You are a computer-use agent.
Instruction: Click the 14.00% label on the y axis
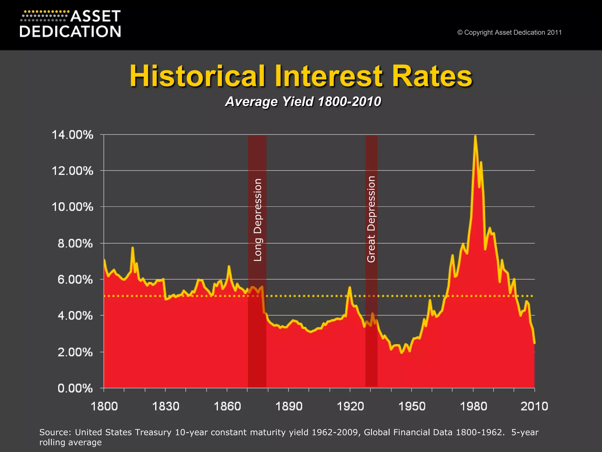coord(72,135)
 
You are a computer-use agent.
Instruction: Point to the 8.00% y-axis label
coord(75,244)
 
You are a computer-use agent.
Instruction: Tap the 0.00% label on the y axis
coord(75,388)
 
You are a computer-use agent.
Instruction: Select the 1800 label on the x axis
coord(104,406)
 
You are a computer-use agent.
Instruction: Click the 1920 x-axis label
coord(350,406)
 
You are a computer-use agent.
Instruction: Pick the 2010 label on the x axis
coord(534,406)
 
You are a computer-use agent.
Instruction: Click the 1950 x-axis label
coord(412,406)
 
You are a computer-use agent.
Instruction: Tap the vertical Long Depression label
coord(257,220)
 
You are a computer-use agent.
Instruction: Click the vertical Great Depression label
coord(371,219)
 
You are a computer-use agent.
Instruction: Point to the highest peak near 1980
coord(475,136)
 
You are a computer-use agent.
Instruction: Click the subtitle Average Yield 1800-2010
coord(303,102)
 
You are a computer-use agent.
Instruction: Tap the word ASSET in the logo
coord(96,16)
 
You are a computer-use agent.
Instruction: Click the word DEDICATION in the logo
coord(70,31)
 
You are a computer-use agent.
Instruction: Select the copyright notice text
coord(509,32)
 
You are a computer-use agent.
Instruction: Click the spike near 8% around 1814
coord(133,248)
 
